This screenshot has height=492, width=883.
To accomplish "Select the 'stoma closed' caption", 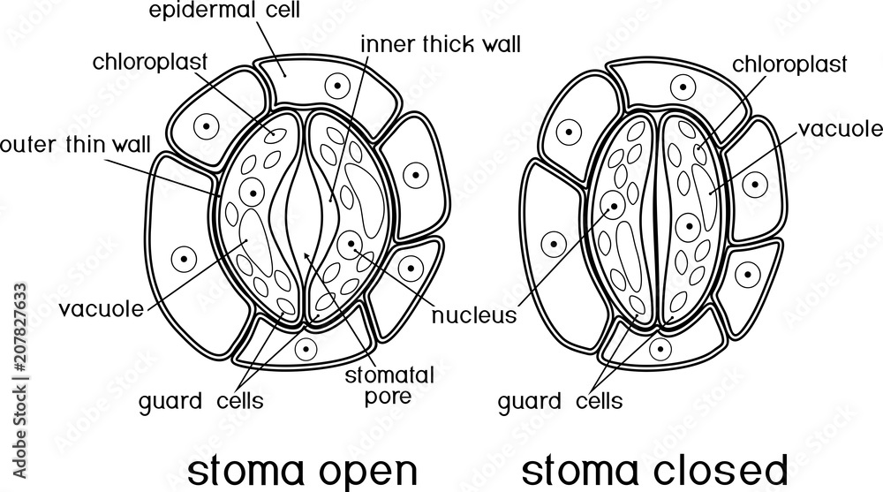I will [651, 467].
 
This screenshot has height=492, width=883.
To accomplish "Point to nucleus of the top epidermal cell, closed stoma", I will [682, 87].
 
